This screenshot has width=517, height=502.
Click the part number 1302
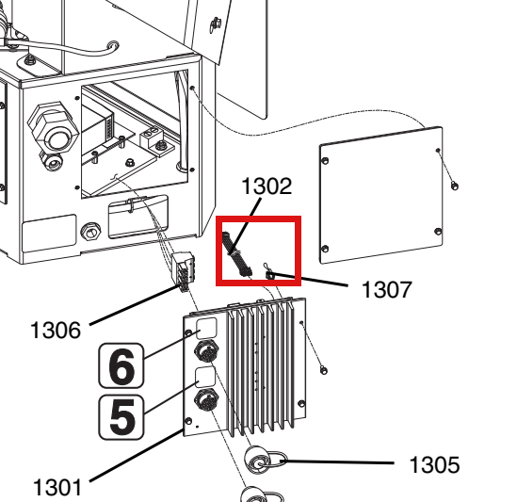[267, 186]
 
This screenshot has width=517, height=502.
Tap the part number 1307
[386, 289]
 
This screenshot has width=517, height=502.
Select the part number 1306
[56, 330]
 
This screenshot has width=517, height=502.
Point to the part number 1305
[434, 464]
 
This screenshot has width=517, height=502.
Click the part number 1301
[57, 487]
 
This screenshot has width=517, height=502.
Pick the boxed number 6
[121, 365]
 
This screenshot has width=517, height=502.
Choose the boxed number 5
[121, 417]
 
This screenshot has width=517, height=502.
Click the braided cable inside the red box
[236, 254]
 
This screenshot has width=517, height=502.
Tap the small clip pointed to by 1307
[268, 272]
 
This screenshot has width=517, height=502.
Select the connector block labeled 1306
[183, 271]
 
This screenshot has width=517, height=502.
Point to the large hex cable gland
[53, 130]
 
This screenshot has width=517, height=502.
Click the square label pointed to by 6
[206, 328]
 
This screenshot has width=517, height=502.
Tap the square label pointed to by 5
[205, 377]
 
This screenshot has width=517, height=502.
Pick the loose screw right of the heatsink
[324, 370]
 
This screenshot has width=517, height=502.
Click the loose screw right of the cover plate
[454, 186]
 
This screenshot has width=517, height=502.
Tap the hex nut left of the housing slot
[91, 232]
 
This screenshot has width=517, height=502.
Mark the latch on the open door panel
[215, 25]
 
